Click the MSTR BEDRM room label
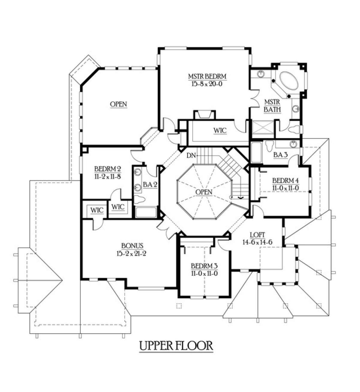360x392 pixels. pos(207,76)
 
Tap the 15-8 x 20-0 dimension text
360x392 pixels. pos(207,84)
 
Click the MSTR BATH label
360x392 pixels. pos(272,106)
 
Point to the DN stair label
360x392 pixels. pos(191,156)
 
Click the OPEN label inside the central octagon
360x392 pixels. pos(204,192)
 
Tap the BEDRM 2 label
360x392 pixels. pos(108,169)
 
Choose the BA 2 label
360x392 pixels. pos(150,185)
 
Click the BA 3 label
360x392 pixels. pos(280,155)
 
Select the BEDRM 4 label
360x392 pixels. pos(286,180)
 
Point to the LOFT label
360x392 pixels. pos(257,234)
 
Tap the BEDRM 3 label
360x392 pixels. pos(204,266)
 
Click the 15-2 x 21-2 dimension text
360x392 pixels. pos(131,254)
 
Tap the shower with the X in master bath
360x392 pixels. pos(263,127)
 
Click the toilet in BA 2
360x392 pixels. pos(139,200)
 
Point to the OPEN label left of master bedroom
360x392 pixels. pos(118,104)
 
